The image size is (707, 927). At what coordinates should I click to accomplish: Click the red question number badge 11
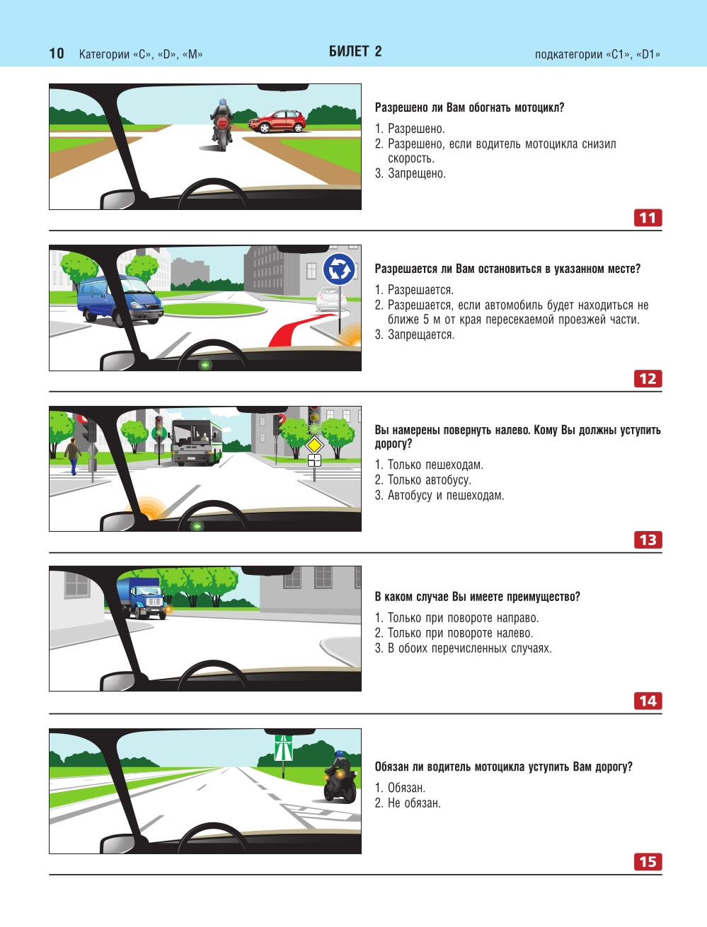648,218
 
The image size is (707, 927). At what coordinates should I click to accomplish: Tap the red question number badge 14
648,701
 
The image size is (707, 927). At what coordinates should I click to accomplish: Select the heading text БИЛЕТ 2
355,52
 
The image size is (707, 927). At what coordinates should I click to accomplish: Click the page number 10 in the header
57,54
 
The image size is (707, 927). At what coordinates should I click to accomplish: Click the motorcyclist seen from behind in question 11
222,124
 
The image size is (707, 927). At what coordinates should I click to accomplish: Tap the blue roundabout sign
338,269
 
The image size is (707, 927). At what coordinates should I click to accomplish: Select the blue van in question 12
120,301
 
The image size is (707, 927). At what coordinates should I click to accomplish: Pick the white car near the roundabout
331,298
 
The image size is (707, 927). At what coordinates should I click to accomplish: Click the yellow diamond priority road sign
314,445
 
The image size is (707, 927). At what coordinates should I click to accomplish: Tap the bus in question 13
197,442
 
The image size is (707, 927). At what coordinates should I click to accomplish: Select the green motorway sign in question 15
283,748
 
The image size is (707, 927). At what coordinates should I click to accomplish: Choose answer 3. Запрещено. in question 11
410,173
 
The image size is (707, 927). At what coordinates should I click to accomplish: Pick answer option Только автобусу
423,480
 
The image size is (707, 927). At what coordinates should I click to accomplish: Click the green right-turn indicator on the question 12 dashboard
205,364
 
